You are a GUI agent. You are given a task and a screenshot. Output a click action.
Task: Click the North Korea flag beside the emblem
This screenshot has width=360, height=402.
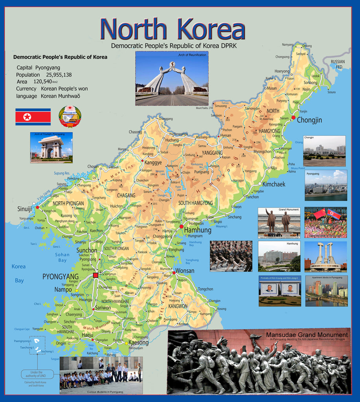[33, 117]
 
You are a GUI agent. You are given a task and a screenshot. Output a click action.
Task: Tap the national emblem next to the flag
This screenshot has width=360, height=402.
[70, 116]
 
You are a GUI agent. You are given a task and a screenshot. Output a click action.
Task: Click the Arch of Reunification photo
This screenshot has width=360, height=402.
[172, 79]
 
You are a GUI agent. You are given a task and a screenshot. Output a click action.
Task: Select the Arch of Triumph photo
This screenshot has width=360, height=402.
[51, 147]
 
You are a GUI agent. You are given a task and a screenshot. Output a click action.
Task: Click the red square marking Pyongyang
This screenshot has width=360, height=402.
[96, 275]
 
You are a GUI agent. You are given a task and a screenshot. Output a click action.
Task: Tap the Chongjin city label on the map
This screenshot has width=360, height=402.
[309, 120]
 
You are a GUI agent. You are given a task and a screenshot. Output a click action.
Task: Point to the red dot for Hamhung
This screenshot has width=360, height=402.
[182, 227]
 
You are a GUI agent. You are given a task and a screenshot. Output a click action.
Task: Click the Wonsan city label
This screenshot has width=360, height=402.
[184, 270]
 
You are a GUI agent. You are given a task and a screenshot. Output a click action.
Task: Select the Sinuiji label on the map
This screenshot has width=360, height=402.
[24, 209]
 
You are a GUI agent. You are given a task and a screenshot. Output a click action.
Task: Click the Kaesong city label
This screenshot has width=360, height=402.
[139, 342]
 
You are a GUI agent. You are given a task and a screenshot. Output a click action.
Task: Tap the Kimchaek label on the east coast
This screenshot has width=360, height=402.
[274, 184]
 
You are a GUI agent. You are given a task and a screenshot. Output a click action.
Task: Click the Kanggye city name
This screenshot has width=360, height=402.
[153, 162]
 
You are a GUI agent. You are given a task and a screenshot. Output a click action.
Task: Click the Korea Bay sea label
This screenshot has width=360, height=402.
[18, 273]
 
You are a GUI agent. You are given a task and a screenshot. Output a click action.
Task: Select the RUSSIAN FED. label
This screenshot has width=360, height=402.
[337, 64]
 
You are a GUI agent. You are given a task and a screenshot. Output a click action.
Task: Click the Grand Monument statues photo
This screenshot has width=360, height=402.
[279, 222]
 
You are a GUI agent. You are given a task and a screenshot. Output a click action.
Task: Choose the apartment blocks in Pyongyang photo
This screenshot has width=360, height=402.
[326, 291]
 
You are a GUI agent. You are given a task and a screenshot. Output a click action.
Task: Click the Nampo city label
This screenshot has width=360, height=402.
[63, 289]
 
